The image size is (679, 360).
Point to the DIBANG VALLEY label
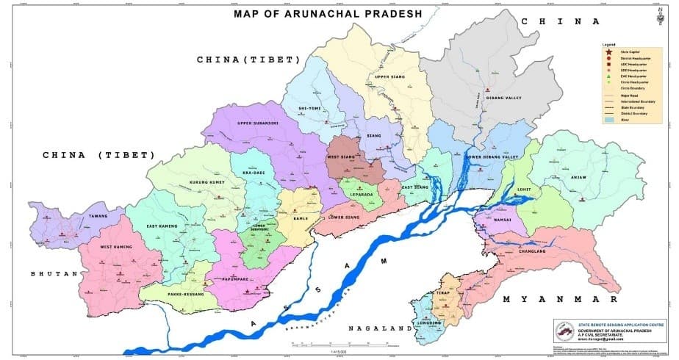tap(503, 98)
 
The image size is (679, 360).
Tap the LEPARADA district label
tap(357, 195)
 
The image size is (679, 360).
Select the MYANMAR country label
tap(550, 300)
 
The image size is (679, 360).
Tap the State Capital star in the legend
tap(608, 51)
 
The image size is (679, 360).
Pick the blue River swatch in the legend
tap(608, 120)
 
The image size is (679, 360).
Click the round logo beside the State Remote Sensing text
tap(566, 332)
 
